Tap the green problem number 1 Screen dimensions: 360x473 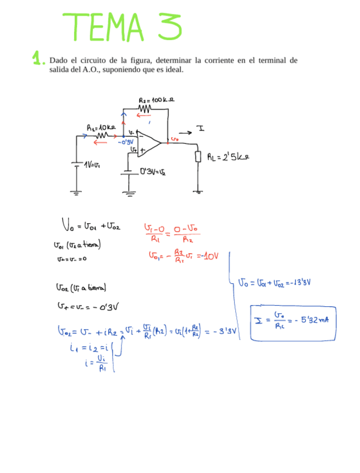(x=37, y=58)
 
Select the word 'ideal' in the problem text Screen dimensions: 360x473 (x=172, y=70)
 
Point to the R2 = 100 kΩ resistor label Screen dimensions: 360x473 (x=157, y=100)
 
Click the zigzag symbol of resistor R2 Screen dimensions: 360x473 (x=145, y=108)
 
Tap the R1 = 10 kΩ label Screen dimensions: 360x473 (x=101, y=128)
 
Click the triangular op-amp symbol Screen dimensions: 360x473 (x=148, y=142)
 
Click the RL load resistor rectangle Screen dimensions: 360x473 (x=198, y=156)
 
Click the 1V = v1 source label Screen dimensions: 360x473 (x=91, y=165)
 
